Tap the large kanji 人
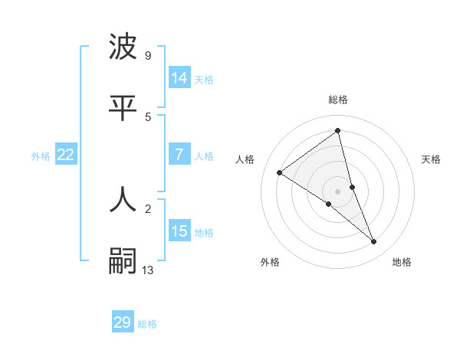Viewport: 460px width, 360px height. point(123,199)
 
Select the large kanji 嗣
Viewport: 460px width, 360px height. point(123,261)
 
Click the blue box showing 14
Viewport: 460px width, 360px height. point(179,78)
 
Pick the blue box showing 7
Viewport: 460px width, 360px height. point(179,155)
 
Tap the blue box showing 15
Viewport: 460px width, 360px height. point(179,231)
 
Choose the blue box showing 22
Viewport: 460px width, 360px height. point(65,155)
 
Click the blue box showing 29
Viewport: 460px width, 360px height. point(123,322)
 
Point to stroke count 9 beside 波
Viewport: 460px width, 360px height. point(148,56)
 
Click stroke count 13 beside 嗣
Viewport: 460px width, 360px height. point(148,270)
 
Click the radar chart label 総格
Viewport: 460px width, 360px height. point(337,100)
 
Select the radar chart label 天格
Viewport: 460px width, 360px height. point(431,159)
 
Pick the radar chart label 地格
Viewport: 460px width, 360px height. point(402,263)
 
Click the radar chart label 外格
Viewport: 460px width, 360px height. point(270,263)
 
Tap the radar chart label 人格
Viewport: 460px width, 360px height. point(245,159)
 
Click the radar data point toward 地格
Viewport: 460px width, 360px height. point(374,242)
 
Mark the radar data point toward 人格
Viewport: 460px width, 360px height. point(279,172)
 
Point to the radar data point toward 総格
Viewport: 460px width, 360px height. point(337,130)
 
